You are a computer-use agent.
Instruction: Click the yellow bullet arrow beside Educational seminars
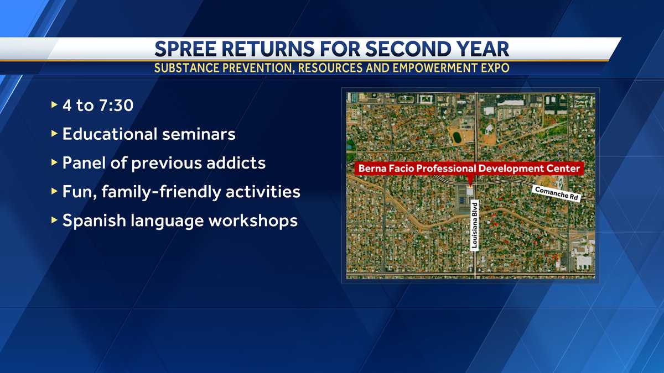[54, 134]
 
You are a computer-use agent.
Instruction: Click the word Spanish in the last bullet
[94, 221]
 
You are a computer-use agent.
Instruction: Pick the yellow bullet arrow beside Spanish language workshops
[54, 220]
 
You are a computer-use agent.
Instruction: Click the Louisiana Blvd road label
[475, 225]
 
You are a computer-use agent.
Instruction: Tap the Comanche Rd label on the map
[557, 193]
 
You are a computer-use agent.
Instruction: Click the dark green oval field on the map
[457, 137]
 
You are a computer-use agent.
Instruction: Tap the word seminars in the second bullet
[199, 134]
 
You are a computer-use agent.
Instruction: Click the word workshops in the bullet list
[253, 221]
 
